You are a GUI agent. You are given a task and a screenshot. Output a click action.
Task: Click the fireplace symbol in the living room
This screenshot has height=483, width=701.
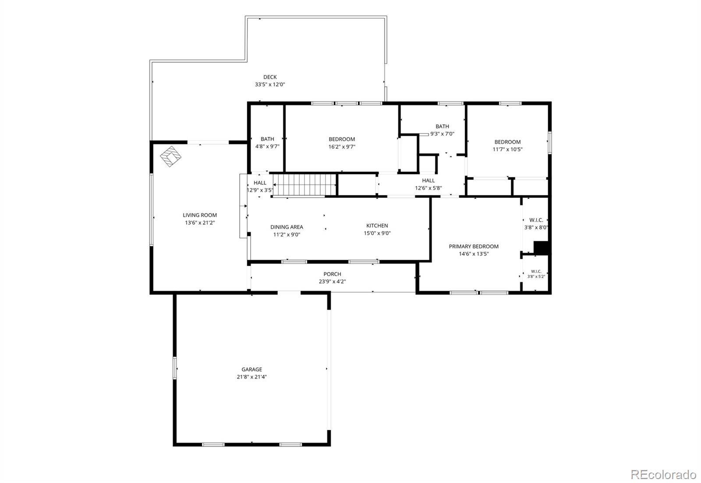click(x=170, y=156)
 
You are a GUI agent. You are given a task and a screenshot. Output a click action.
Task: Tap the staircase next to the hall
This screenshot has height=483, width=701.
click(x=304, y=184)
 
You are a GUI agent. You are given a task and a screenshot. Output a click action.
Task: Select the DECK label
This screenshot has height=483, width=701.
click(x=270, y=77)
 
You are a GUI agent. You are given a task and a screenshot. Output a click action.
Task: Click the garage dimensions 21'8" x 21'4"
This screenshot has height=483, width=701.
click(x=251, y=377)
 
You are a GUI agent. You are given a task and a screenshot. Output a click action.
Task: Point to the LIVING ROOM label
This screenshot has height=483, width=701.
click(x=200, y=215)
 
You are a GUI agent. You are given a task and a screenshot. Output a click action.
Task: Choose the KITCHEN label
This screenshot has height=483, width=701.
click(x=377, y=226)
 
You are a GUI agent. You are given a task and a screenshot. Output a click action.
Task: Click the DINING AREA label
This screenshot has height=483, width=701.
click(x=287, y=227)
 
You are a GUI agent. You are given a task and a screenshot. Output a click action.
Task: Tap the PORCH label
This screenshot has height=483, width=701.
click(x=333, y=274)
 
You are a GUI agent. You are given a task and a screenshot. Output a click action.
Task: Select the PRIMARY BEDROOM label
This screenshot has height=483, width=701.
click(x=474, y=247)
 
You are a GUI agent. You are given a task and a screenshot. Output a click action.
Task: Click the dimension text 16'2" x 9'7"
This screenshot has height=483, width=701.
click(x=342, y=147)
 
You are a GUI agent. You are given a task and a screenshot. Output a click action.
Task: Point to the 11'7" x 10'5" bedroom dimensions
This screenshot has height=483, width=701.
click(x=508, y=149)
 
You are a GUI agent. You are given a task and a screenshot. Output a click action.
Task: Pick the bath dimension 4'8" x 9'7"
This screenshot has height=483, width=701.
click(x=267, y=146)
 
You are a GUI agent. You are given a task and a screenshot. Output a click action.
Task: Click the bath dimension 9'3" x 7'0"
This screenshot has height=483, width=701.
click(x=442, y=134)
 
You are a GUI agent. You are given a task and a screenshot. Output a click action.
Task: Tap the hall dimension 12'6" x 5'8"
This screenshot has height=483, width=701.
click(x=428, y=188)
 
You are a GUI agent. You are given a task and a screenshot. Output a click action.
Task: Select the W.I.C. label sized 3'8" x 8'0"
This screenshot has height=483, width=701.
click(x=536, y=220)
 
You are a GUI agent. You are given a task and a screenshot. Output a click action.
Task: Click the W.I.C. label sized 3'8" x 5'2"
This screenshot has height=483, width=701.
click(x=536, y=271)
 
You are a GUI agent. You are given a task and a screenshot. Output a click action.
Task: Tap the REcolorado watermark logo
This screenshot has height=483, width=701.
click(x=663, y=475)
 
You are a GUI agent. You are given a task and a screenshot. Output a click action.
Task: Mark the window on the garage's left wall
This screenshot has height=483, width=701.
click(x=175, y=368)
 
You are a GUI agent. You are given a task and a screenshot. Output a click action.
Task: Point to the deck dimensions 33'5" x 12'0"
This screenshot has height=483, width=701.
click(x=270, y=85)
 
